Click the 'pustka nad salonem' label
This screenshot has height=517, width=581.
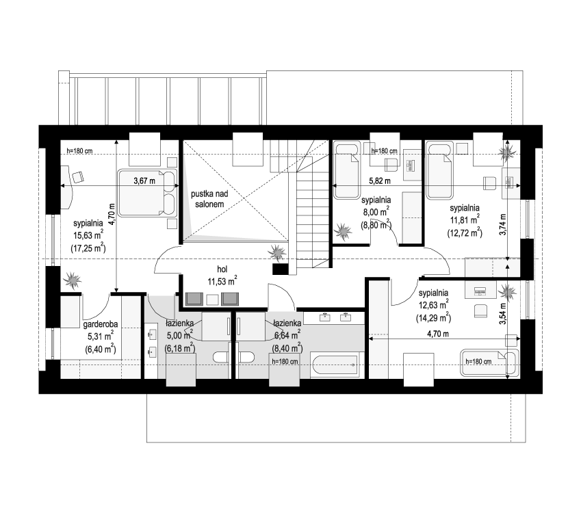209,199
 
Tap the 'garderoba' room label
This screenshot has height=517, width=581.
101,324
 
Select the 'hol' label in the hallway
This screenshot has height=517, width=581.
222,269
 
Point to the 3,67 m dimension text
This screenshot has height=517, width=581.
144,181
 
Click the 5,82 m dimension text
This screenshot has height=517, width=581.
379,181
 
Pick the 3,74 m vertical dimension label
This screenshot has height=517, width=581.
503,224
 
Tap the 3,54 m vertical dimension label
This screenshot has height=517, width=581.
503,314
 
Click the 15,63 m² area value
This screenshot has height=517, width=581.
88,235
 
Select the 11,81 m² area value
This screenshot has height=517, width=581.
465,220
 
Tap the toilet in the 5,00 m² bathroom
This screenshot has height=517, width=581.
220,358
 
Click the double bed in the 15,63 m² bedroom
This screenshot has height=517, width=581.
147,193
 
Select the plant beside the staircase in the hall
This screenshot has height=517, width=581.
276,253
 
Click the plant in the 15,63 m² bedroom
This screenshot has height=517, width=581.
73,280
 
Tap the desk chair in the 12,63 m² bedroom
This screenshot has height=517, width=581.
480,310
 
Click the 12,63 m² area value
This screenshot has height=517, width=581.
432,305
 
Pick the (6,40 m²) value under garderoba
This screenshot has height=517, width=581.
101,349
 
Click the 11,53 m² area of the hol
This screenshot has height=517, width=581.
222,281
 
